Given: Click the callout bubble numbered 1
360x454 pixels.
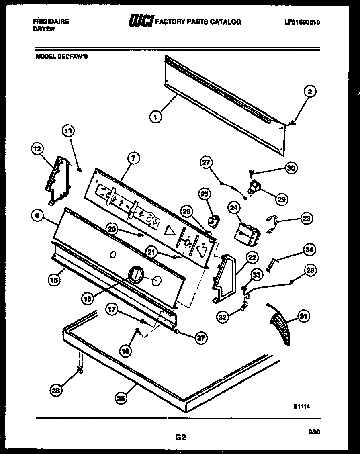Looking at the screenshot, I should tap(155, 117).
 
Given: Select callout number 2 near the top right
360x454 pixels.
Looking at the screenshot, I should tap(310, 92).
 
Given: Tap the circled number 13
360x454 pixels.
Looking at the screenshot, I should tap(68, 131).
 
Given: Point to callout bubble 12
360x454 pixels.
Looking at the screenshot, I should tap(37, 149).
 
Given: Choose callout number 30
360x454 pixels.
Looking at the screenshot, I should tap(291, 168).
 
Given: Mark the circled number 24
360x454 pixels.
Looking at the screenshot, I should tap(234, 208).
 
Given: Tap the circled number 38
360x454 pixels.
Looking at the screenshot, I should tap(57, 389).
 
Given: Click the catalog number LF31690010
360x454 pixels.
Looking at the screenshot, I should tap(302, 22).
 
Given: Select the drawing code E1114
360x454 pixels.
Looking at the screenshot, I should tap(301, 407).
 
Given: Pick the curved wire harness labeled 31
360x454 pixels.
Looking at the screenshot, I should tap(280, 323).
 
